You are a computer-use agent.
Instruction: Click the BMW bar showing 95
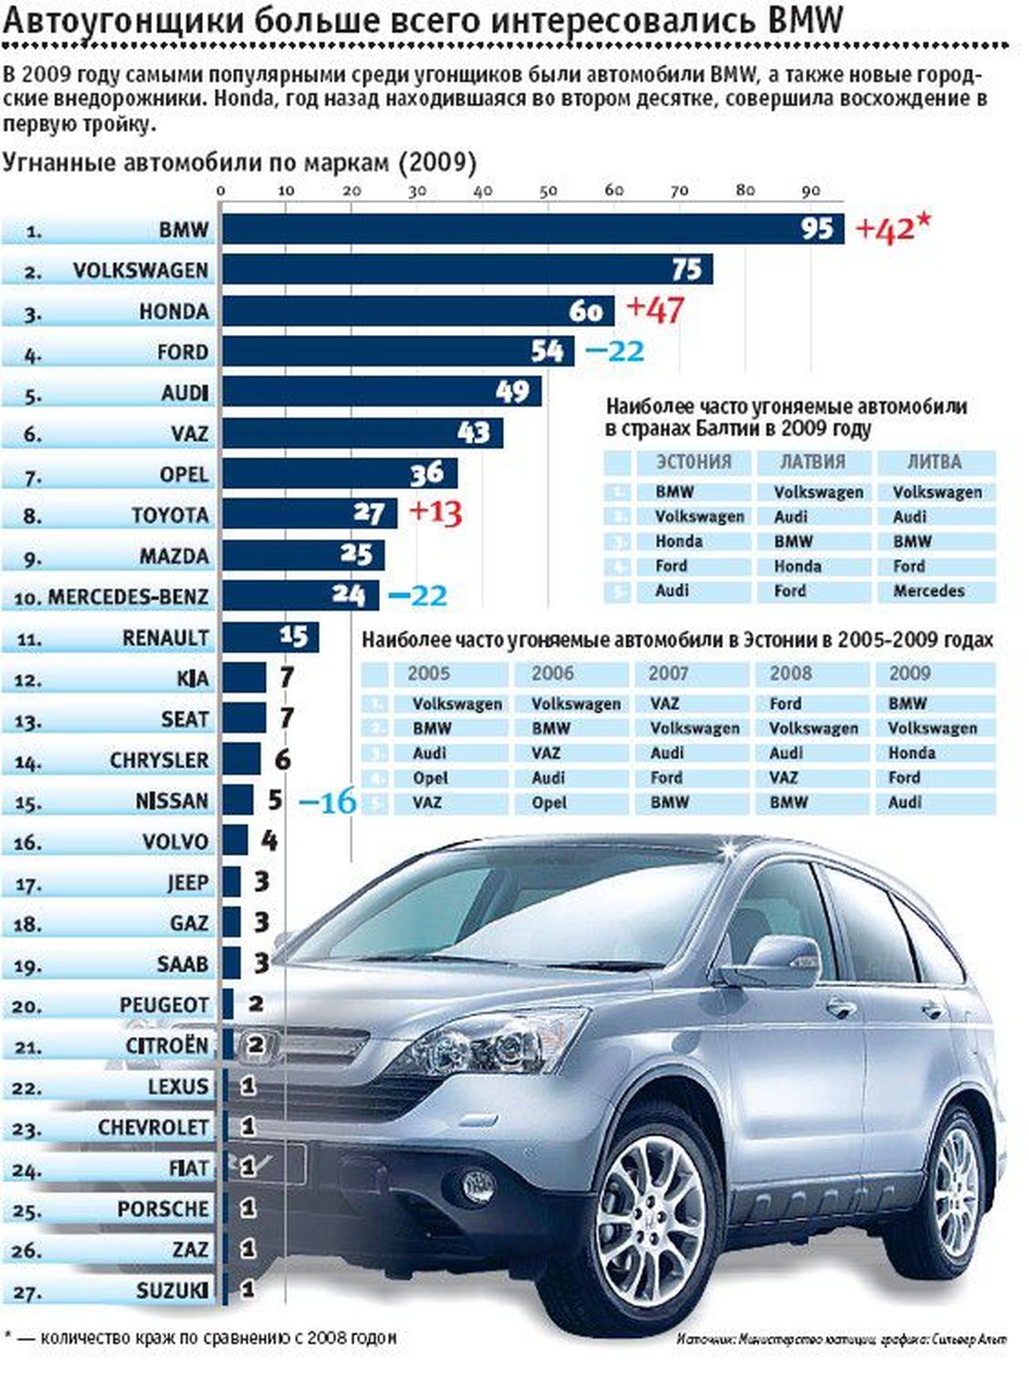[533, 229]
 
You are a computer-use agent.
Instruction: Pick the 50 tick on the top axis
[548, 192]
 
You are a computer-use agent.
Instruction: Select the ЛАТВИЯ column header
[813, 462]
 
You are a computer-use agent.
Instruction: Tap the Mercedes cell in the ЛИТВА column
[929, 591]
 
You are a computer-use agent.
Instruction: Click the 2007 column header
[668, 674]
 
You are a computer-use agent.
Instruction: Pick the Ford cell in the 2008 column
[785, 704]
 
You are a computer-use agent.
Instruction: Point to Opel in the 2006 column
[549, 803]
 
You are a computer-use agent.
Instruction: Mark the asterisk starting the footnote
[7, 1335]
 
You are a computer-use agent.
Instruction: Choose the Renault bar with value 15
[271, 638]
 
